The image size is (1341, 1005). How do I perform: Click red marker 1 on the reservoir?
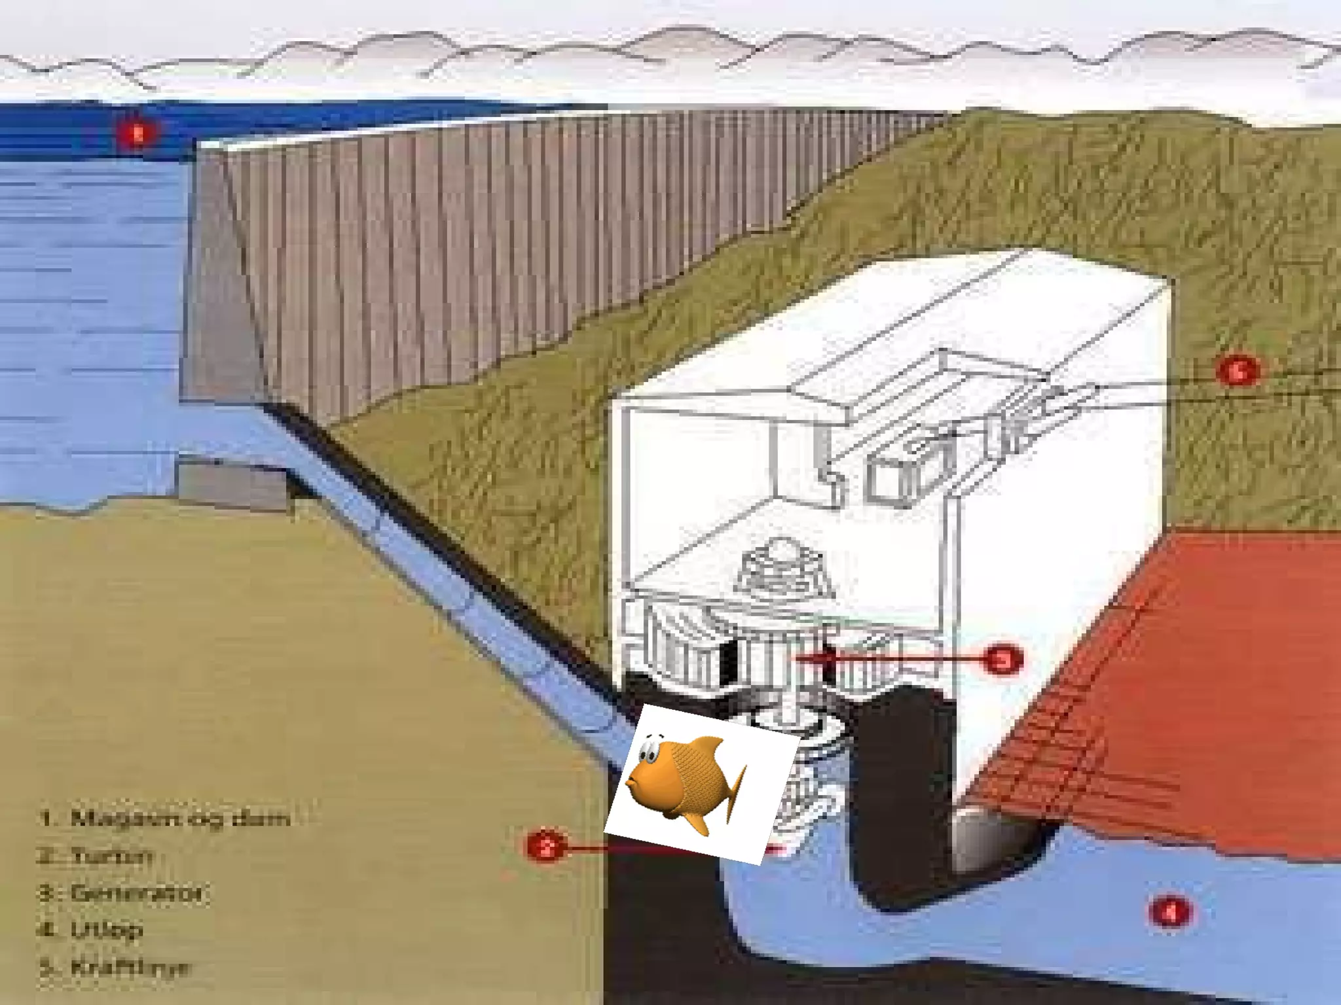click(138, 134)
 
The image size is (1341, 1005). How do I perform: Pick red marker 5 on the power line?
click(1237, 371)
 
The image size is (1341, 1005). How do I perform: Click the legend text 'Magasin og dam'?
click(179, 819)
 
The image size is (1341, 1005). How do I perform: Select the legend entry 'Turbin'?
click(112, 855)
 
